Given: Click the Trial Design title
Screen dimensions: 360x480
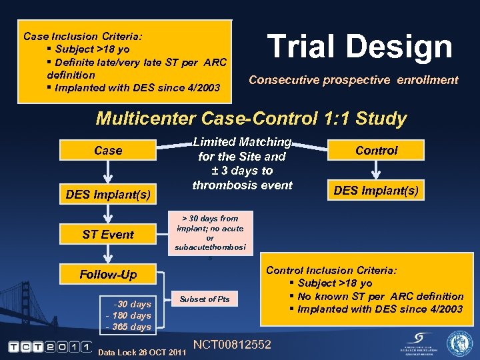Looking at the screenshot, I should [359, 47].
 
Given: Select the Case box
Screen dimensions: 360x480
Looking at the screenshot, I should [108, 151].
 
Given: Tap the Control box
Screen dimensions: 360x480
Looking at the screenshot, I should [376, 151].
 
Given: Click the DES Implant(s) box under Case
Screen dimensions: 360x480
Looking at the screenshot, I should [108, 194].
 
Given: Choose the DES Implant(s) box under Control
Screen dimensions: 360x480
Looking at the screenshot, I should [376, 191].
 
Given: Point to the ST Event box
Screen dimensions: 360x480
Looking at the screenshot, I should [108, 234].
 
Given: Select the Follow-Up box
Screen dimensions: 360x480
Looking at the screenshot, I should [108, 275].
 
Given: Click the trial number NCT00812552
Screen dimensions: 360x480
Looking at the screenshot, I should [231, 345].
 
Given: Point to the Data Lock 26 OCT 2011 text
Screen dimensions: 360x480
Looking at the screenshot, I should [141, 352].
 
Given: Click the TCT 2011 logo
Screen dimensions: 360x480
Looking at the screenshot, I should [50, 346].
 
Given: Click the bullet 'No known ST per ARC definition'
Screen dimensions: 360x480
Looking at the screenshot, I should [380, 296].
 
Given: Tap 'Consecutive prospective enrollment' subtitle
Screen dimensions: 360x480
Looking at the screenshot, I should [353, 80].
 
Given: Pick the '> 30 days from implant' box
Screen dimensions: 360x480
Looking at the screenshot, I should [210, 233].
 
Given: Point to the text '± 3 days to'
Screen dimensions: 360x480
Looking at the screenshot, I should [242, 171].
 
